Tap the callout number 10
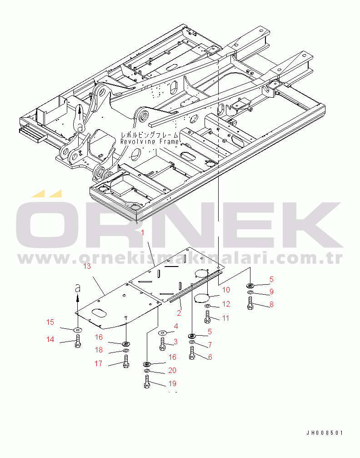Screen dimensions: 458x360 coord(226,290)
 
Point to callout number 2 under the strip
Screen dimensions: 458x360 coord(179,313)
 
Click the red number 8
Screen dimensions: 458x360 coord(271,305)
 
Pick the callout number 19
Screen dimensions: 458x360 coord(173,383)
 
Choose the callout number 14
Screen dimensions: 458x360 coord(50,339)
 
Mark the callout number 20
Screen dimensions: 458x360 coord(172,371)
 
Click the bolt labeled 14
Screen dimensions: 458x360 coord(78,341)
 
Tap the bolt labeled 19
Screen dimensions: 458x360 coord(147,382)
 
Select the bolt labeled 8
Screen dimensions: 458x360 coord(250,303)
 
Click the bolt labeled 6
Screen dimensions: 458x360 coord(192,353)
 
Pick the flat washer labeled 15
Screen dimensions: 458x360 coord(78,329)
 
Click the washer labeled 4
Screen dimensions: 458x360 coord(162,334)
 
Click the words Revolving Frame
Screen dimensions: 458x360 coord(144,141)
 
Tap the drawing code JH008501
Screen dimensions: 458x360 coord(325,433)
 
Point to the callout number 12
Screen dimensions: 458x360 coord(226,304)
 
